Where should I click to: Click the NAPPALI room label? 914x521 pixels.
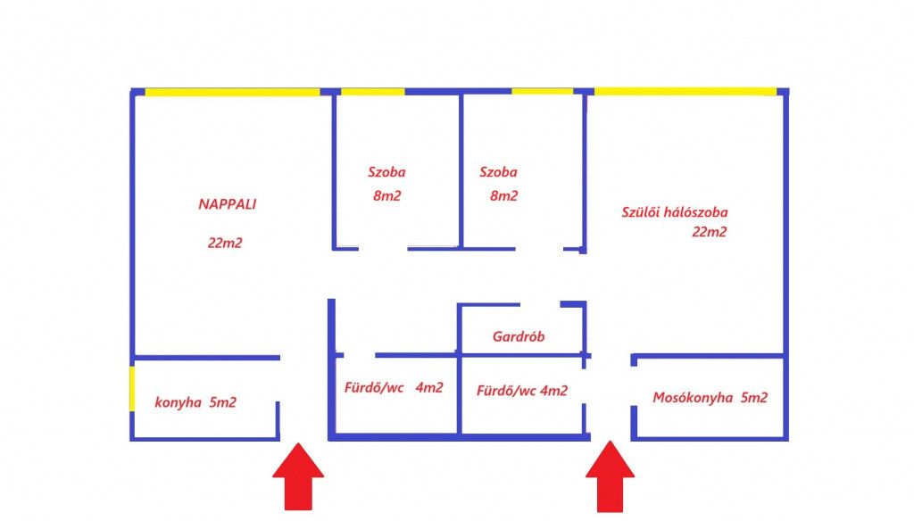(x=228, y=204)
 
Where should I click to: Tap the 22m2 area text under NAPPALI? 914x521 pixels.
(x=225, y=243)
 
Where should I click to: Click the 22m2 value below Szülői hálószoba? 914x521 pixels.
(x=710, y=232)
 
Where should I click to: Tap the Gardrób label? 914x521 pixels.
(x=519, y=336)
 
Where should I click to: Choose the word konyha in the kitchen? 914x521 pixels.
(x=179, y=402)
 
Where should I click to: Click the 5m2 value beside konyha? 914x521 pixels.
(x=222, y=402)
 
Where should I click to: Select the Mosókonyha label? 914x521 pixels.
(x=693, y=398)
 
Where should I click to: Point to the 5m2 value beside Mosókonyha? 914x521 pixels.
(x=754, y=398)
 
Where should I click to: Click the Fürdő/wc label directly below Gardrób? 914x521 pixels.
(x=506, y=391)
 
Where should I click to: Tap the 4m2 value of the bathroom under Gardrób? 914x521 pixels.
(x=553, y=391)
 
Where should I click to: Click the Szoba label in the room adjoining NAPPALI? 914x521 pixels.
(x=386, y=172)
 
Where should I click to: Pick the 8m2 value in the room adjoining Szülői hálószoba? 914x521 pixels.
(x=503, y=195)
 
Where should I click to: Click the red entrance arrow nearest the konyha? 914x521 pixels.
(x=298, y=476)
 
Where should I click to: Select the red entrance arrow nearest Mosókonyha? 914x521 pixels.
(x=611, y=476)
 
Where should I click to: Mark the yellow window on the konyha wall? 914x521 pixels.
(x=132, y=389)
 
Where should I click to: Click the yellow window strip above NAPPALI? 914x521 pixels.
(x=233, y=92)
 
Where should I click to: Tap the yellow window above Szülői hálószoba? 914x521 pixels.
(x=685, y=92)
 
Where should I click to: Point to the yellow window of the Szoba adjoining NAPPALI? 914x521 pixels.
(x=372, y=92)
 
